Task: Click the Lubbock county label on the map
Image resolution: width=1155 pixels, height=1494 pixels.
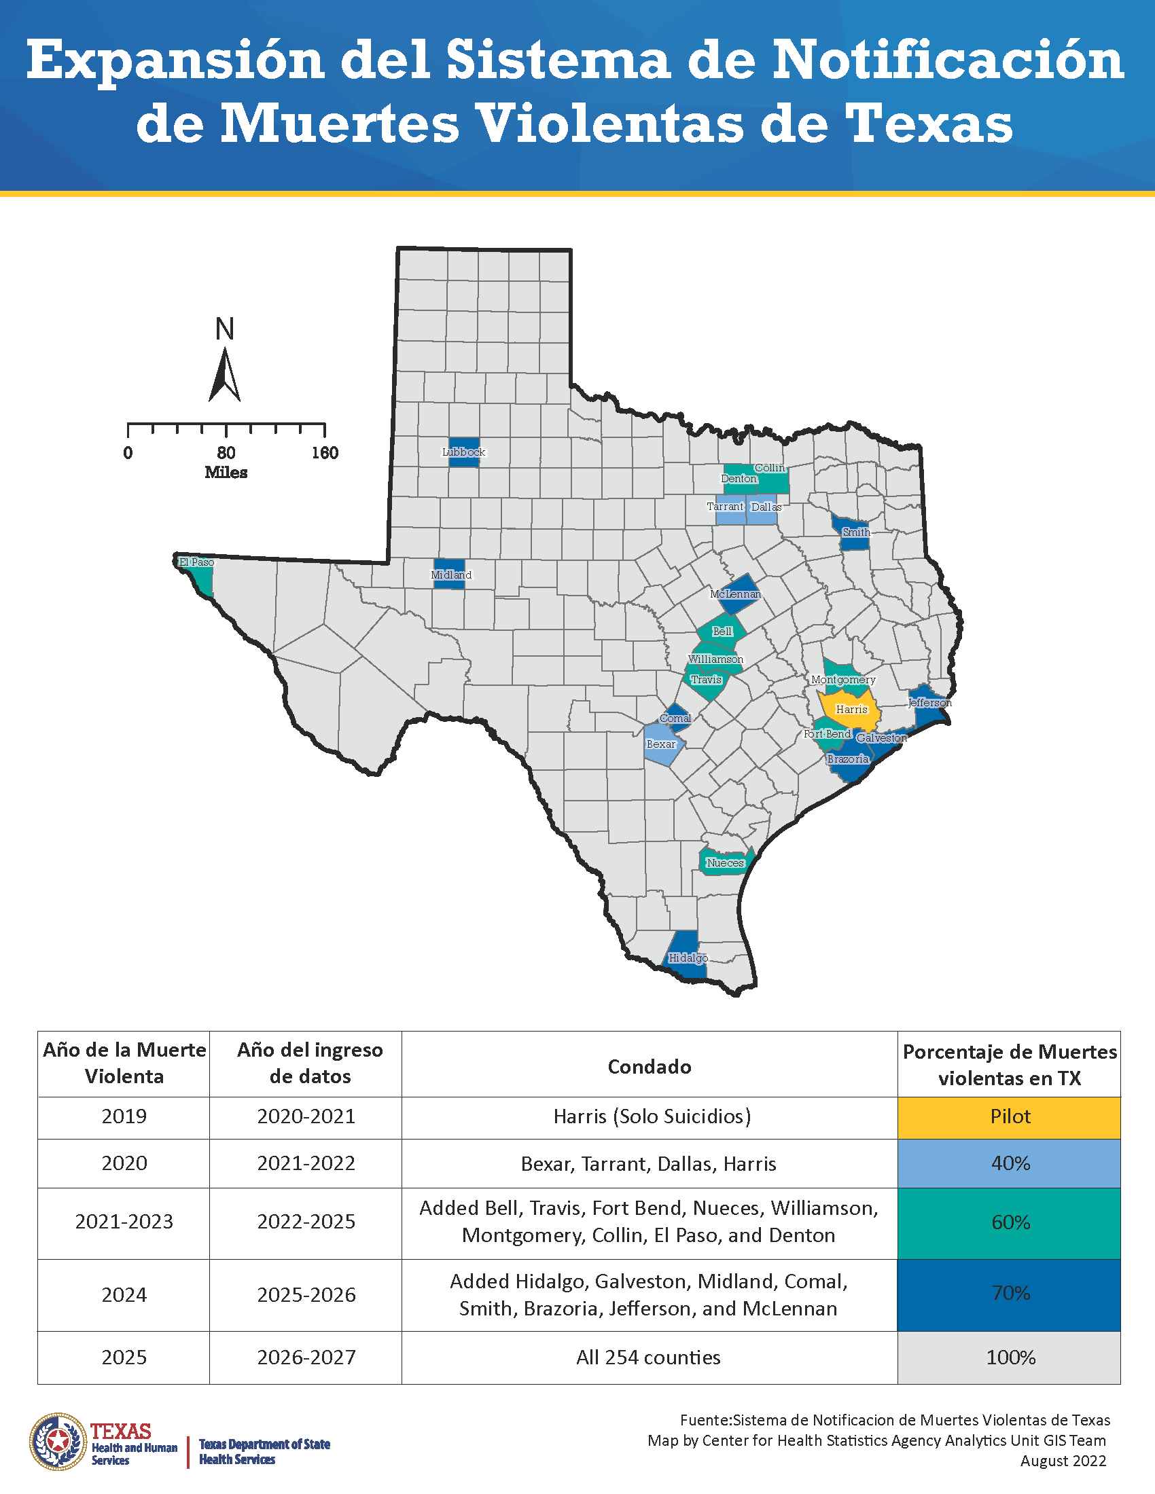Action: (463, 452)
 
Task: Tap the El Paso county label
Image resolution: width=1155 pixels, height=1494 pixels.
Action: (196, 562)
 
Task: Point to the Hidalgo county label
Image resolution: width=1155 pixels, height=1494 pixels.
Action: (688, 958)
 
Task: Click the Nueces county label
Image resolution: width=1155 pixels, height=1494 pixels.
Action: (725, 862)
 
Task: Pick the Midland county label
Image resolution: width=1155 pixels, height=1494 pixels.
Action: (451, 575)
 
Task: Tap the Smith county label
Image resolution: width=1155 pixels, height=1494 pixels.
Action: (856, 532)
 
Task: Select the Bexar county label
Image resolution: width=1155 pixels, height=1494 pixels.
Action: (661, 744)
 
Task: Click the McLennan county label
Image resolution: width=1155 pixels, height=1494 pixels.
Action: (735, 594)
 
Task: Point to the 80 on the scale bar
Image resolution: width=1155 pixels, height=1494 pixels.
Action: (226, 453)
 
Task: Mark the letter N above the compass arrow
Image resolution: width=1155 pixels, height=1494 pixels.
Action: (224, 329)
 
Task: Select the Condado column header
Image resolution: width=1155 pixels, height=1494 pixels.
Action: (649, 1066)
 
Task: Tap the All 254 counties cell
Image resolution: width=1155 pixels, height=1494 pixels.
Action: (648, 1358)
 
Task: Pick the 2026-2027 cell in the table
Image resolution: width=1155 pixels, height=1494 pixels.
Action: (306, 1358)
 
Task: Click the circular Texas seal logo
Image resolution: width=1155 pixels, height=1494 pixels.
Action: (58, 1442)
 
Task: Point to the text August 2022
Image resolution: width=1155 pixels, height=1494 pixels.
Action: (1063, 1461)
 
